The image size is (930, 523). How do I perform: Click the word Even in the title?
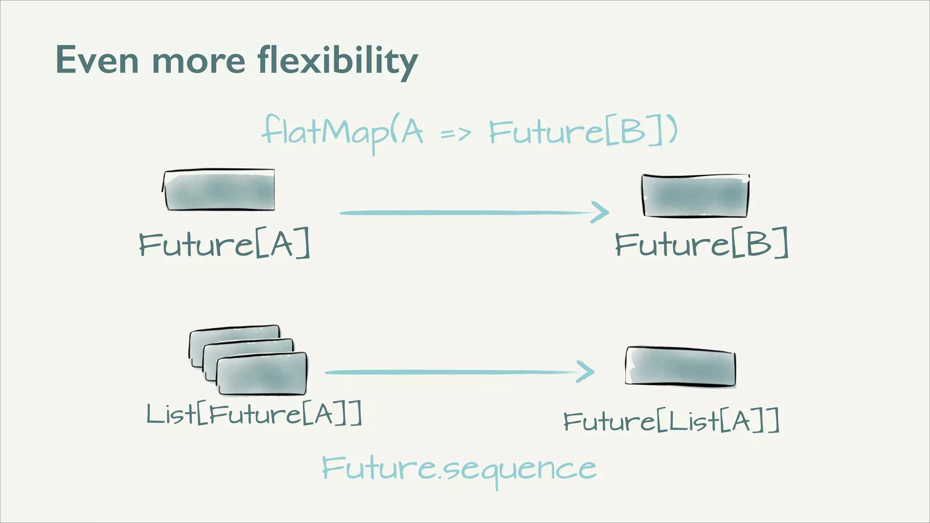[97, 60]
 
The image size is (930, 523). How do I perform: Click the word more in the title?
[198, 61]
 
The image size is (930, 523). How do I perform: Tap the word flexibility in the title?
[337, 61]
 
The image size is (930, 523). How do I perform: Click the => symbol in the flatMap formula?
[455, 134]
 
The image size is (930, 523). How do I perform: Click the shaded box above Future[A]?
[219, 190]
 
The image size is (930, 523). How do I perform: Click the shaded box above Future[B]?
[695, 196]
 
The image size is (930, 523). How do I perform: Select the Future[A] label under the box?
[224, 244]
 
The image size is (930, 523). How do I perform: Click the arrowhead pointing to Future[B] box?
[600, 212]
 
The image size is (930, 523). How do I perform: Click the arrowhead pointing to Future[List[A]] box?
[586, 372]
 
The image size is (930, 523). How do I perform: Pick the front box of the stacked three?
[262, 375]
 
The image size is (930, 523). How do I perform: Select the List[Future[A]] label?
[254, 414]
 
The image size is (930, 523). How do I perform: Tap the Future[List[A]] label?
[671, 421]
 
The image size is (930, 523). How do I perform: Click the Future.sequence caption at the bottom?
[459, 469]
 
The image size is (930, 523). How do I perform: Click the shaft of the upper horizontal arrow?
[463, 212]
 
